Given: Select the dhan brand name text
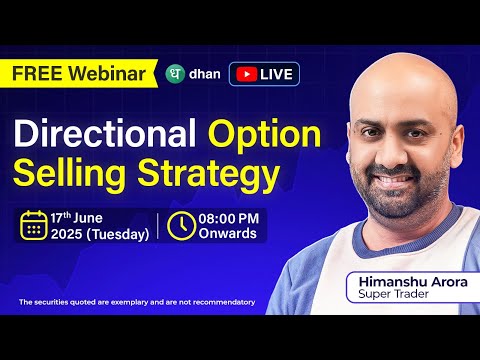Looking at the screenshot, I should point(204,74).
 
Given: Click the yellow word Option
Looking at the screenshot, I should point(264,135).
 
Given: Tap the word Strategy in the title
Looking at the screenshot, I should point(205,177).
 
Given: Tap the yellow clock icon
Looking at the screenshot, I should point(181,226).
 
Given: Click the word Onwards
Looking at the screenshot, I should point(227,235).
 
